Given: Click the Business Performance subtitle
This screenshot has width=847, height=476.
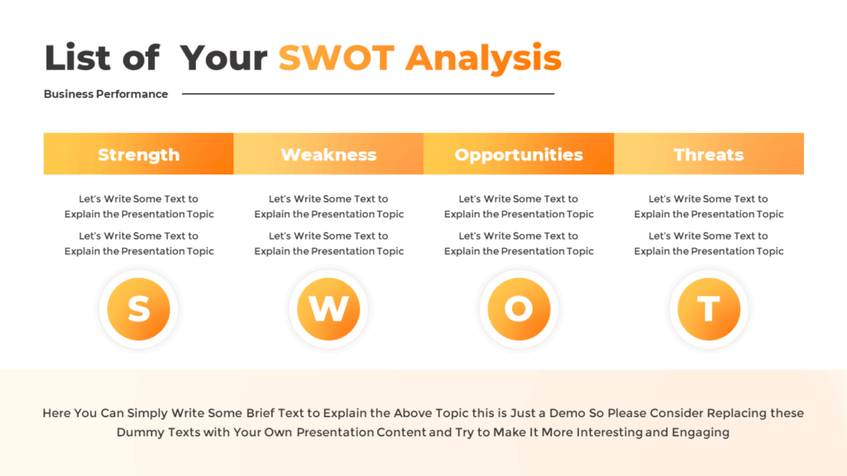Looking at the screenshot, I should [106, 94].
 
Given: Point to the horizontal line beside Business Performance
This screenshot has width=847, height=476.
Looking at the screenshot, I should [368, 94].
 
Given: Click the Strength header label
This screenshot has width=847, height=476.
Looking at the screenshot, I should [138, 155].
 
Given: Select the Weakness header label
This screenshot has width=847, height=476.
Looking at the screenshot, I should [328, 155].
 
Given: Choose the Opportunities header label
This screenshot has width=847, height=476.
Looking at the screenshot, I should [519, 155].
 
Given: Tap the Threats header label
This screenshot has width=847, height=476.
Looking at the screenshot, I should [709, 155].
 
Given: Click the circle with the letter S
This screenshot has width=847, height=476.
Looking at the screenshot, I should [139, 309].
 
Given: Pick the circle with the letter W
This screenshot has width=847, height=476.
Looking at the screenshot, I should [328, 309].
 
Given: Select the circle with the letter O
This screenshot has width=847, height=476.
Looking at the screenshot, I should [519, 309].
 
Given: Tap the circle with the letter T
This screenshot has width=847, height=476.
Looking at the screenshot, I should [709, 309].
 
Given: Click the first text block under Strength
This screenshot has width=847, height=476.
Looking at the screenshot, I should [139, 207].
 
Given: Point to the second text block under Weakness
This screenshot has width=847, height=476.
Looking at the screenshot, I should [329, 244].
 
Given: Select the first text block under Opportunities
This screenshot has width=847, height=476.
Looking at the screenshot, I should [519, 207].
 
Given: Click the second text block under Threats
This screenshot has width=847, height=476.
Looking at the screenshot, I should [709, 244].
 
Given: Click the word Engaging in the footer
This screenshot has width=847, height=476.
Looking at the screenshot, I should [701, 432].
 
